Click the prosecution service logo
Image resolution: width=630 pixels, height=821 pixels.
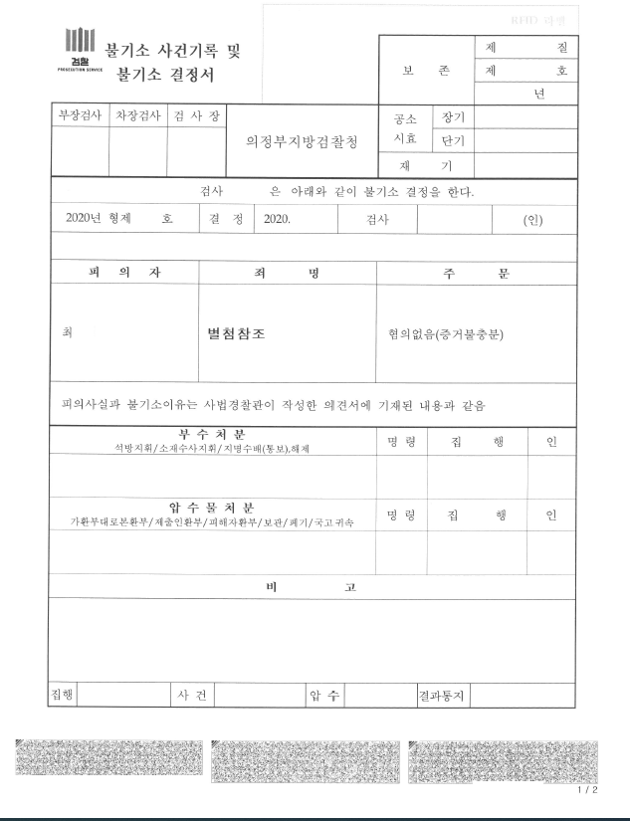click(80, 50)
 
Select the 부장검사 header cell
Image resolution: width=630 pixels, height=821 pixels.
click(80, 115)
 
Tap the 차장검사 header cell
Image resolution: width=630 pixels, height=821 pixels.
click(137, 115)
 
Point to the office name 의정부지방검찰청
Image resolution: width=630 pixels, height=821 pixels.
click(302, 140)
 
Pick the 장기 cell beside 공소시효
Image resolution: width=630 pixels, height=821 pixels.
click(454, 116)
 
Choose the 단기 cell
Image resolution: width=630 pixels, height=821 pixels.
click(454, 140)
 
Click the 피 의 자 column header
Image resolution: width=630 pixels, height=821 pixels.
click(124, 273)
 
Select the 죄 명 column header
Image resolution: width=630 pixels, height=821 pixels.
click(288, 273)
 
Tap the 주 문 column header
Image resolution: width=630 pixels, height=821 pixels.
click(476, 273)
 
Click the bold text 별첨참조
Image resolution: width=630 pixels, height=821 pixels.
click(236, 333)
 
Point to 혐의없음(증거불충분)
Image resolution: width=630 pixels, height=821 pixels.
click(446, 333)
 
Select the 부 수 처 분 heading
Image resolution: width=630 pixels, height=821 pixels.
click(212, 435)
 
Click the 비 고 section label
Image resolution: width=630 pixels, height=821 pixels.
click(311, 587)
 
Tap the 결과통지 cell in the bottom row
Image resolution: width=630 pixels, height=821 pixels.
click(442, 695)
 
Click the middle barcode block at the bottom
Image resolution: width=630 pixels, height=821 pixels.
click(307, 761)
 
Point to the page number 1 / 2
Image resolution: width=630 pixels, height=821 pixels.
click(588, 790)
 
